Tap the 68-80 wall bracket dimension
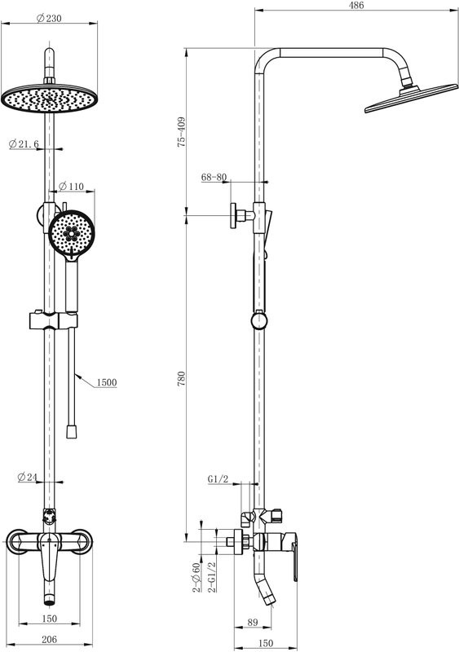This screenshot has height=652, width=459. tap(214, 176)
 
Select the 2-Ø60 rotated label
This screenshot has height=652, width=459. tap(196, 577)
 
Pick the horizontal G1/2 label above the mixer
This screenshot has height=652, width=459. tap(218, 478)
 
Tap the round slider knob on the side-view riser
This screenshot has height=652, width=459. tap(258, 320)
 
